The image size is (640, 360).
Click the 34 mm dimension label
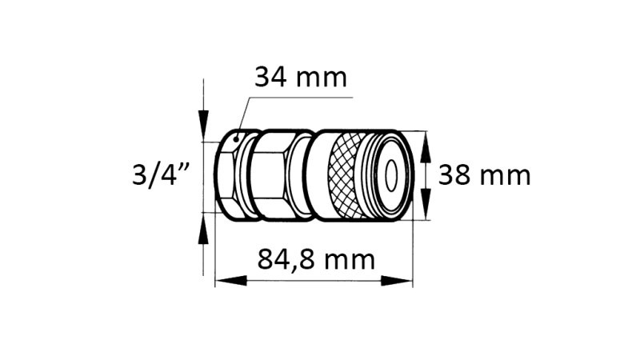300,78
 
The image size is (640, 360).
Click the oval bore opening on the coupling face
392,174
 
